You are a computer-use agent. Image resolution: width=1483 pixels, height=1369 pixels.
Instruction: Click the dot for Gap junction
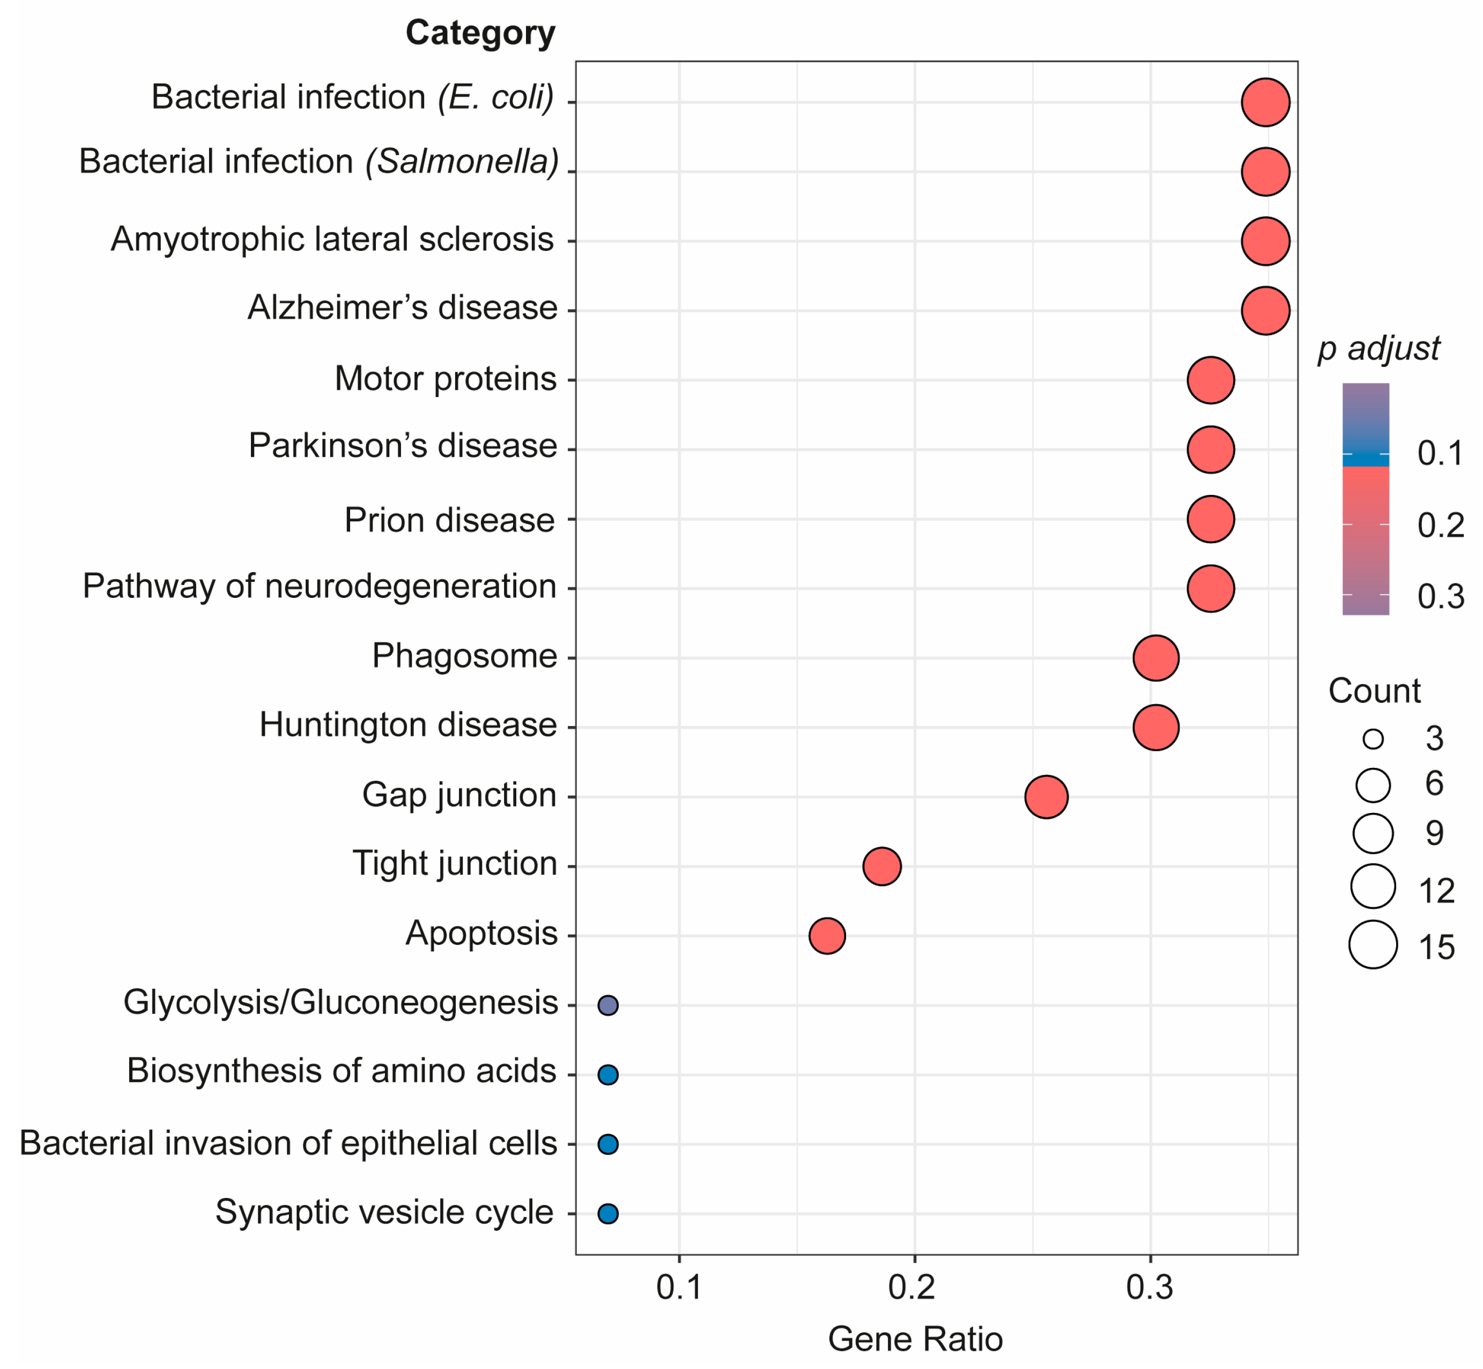click(1046, 797)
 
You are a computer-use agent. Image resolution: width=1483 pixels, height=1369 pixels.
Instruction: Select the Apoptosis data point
click(827, 936)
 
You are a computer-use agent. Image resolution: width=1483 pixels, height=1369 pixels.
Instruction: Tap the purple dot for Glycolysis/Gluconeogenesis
click(607, 1005)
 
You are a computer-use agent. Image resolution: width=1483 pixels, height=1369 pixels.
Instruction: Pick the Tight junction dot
click(881, 866)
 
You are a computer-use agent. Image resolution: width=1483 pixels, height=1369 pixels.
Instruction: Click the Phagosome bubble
click(1155, 658)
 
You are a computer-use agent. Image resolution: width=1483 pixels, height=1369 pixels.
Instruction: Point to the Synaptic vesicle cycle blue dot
click(607, 1213)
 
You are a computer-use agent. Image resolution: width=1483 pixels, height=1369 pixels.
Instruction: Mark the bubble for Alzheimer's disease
click(1265, 310)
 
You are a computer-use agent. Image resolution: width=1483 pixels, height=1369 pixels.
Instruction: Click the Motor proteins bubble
click(1211, 380)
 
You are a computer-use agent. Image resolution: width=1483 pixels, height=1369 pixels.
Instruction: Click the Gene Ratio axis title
click(915, 1340)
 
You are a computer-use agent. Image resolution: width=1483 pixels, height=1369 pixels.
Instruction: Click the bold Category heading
click(480, 33)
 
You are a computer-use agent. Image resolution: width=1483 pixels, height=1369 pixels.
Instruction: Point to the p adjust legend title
click(1378, 348)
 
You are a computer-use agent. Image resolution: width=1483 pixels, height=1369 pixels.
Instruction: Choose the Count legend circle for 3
click(1374, 738)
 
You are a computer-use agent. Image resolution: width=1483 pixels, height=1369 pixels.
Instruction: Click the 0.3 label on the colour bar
click(1440, 596)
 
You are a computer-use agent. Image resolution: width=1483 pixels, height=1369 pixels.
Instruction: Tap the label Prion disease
click(449, 520)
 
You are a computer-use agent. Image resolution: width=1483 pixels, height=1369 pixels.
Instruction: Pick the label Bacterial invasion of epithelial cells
click(287, 1143)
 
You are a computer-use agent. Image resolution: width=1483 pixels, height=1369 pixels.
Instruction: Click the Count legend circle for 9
click(1374, 833)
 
